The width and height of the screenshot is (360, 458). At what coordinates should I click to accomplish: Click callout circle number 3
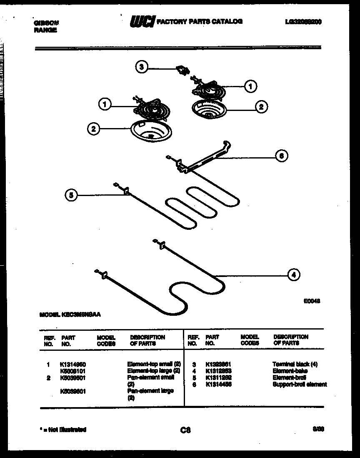click(142, 67)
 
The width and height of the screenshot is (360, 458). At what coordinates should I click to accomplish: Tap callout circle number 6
click(282, 156)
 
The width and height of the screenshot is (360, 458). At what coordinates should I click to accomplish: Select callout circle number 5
click(71, 195)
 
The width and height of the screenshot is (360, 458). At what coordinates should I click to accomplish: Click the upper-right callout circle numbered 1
click(250, 86)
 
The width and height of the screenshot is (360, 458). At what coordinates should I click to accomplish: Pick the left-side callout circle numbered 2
click(93, 129)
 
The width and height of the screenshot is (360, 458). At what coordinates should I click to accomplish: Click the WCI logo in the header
click(142, 22)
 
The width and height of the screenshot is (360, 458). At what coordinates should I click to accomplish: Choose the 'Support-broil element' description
click(300, 384)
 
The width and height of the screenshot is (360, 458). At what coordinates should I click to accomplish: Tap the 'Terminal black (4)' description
click(295, 364)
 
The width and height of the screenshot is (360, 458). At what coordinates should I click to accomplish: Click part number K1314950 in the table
click(73, 364)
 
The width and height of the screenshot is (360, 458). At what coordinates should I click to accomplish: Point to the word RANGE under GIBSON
click(45, 30)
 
